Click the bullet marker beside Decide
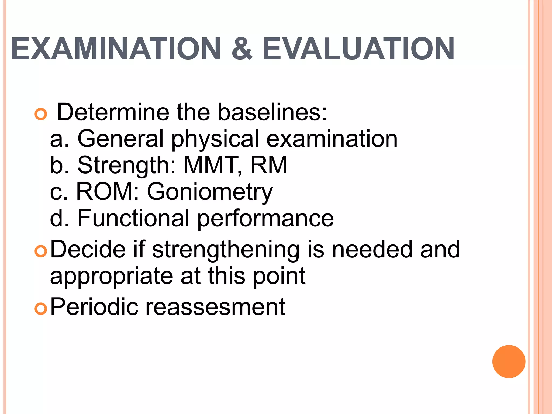pyautogui.click(x=41, y=251)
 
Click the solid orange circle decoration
pyautogui.click(x=509, y=361)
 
